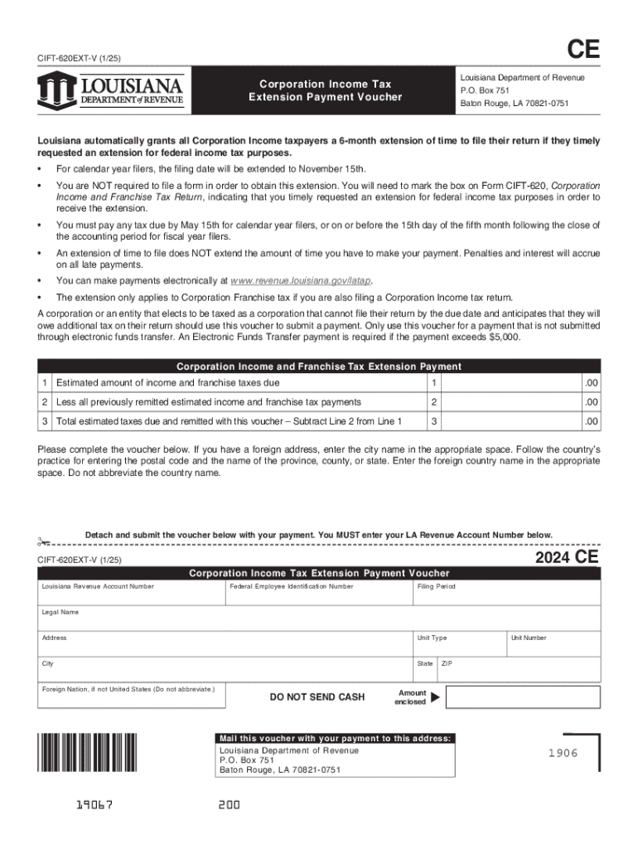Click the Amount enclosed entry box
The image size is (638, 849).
pos(522,697)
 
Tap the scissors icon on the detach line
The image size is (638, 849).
pos(42,543)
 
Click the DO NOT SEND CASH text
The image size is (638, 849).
pos(317,697)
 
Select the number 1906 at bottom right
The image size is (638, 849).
pos(562,753)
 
